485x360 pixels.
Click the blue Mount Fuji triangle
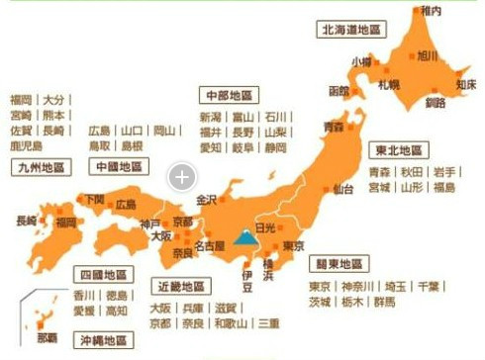point(244,235)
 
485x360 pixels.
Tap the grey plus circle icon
point(181,177)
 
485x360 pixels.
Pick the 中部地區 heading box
point(228,95)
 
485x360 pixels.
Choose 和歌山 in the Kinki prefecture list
point(233,323)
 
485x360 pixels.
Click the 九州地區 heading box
point(42,167)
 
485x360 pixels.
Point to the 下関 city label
point(94,199)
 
